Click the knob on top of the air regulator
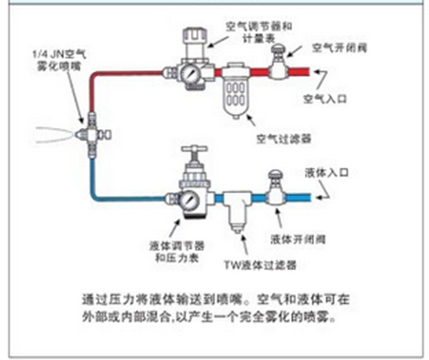pos(192,36)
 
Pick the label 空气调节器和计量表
pos(259,32)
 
